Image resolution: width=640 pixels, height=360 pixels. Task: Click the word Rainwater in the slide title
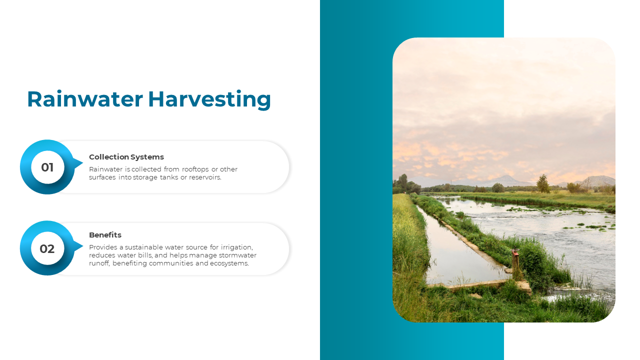pyautogui.click(x=85, y=99)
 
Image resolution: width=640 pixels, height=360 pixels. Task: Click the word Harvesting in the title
pyautogui.click(x=209, y=99)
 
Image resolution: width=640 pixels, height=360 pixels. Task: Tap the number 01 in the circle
pyautogui.click(x=47, y=167)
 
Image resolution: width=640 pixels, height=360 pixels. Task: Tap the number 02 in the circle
pyautogui.click(x=47, y=249)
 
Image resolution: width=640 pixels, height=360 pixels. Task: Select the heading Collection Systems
pyautogui.click(x=126, y=157)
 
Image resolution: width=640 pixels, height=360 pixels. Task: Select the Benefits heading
pyautogui.click(x=105, y=235)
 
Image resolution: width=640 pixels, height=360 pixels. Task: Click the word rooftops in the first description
pyautogui.click(x=195, y=169)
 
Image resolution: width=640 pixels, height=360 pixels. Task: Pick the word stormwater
pyautogui.click(x=237, y=255)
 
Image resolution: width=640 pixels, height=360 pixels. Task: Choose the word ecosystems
pyautogui.click(x=229, y=263)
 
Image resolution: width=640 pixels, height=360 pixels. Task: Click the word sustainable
pyautogui.click(x=143, y=247)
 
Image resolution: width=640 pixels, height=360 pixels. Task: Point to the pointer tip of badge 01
pyautogui.click(x=83, y=163)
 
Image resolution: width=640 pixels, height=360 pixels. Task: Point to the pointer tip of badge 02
pyautogui.click(x=83, y=245)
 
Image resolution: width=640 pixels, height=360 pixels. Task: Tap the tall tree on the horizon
pyautogui.click(x=543, y=183)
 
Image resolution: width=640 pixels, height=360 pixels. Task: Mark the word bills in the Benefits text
pyautogui.click(x=145, y=255)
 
